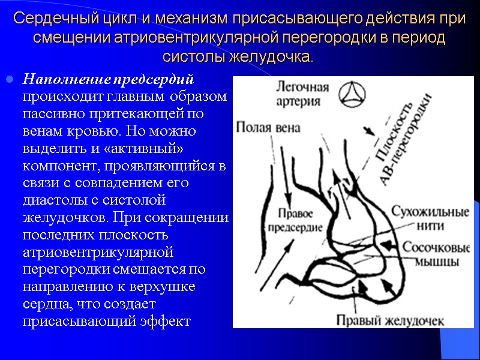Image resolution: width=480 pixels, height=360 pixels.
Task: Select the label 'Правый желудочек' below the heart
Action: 391,320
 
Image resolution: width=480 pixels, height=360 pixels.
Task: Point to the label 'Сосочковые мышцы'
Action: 430,255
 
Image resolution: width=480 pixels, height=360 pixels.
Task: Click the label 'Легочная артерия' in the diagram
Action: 302,94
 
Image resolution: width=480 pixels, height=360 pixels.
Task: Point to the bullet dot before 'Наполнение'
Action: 9,80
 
